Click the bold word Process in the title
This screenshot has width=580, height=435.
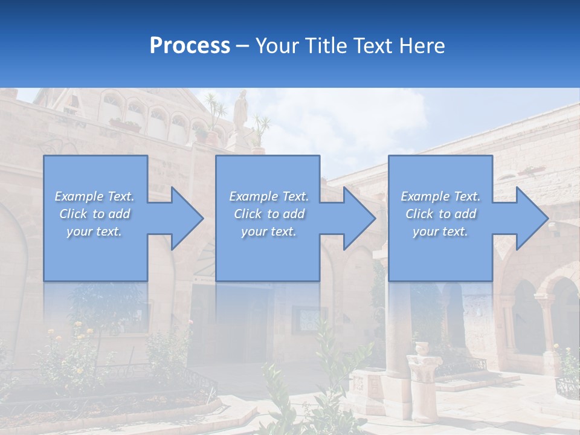click(x=190, y=46)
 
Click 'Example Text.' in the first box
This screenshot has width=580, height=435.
click(x=94, y=196)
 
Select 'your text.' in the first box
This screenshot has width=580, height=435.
click(x=94, y=231)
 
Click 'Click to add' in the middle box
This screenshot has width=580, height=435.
click(x=269, y=214)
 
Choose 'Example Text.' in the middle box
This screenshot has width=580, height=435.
click(x=269, y=196)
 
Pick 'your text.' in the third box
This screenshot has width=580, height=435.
click(x=440, y=231)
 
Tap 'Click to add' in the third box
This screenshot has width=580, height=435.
click(x=440, y=214)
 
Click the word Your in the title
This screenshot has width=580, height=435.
click(x=275, y=46)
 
